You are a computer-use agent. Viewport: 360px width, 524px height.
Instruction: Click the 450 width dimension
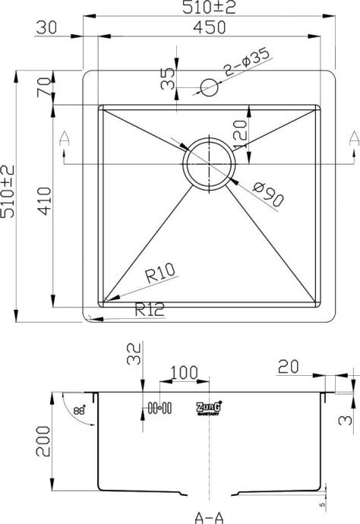click(x=209, y=27)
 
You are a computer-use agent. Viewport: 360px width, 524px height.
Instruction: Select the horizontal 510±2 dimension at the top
click(x=209, y=8)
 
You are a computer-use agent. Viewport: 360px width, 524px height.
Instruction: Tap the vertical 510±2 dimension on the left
click(x=9, y=191)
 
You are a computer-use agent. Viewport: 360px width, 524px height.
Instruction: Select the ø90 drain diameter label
click(x=269, y=195)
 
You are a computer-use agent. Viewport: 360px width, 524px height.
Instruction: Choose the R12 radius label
click(x=151, y=309)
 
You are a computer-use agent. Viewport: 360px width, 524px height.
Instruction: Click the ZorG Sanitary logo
click(x=208, y=409)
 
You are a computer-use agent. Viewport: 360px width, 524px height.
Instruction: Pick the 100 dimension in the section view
click(x=179, y=372)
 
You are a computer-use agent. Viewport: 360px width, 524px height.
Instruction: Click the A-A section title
click(x=209, y=518)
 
